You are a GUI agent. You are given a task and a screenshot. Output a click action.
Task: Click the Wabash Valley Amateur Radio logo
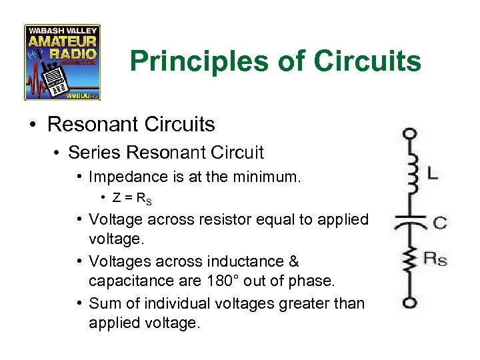[x=62, y=62]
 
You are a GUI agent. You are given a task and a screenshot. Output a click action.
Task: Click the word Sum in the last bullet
[x=103, y=303]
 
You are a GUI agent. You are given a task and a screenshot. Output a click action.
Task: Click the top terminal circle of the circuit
[x=409, y=133]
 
